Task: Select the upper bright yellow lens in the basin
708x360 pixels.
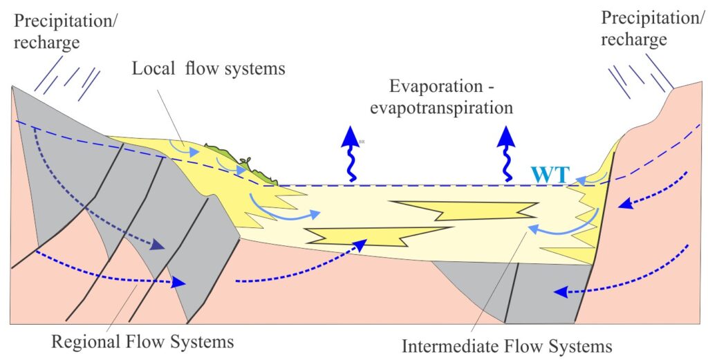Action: point(463,209)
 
